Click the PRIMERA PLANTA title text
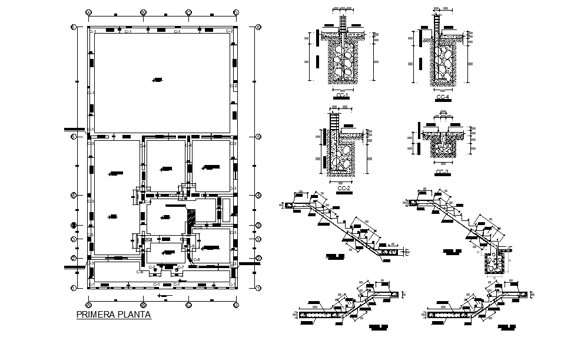pyautogui.click(x=114, y=315)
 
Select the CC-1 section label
pyautogui.click(x=341, y=96)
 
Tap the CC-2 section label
pyautogui.click(x=344, y=188)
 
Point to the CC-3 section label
pyautogui.click(x=442, y=172)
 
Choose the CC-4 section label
pyautogui.click(x=443, y=96)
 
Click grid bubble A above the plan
pyautogui.click(x=88, y=12)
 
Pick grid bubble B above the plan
pyautogui.click(x=143, y=12)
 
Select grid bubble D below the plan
pyautogui.click(x=235, y=305)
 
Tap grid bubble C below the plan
pyautogui.click(x=188, y=305)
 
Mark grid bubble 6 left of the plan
pyautogui.click(x=74, y=27)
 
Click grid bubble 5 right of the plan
pyautogui.click(x=258, y=137)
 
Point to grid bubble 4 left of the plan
pyautogui.click(x=74, y=195)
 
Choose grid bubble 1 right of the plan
pyautogui.click(x=258, y=288)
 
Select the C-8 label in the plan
pyautogui.click(x=197, y=260)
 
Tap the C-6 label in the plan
pyautogui.click(x=140, y=272)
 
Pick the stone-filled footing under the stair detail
pyautogui.click(x=492, y=263)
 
